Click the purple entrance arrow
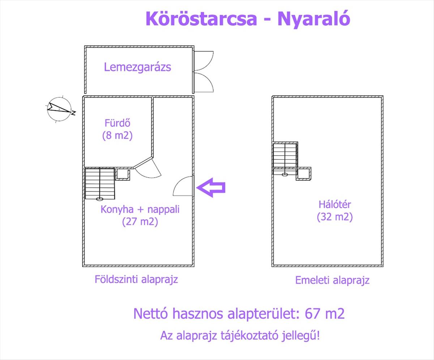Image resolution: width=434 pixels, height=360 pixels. [x=212, y=188]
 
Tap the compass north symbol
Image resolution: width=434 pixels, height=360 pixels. [x=60, y=108]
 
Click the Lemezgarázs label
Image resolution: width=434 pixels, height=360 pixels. [x=137, y=67]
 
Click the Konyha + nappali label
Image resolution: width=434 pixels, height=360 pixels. [x=140, y=209]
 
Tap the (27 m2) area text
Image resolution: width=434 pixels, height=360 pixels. [x=140, y=221]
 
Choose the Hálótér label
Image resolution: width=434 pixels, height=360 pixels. [x=335, y=204]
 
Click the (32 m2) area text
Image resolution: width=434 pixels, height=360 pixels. [x=335, y=217]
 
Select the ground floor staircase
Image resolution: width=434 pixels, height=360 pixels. [x=100, y=184]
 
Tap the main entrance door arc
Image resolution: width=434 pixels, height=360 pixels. [x=184, y=186]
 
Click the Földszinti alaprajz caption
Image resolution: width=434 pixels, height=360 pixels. [x=136, y=279]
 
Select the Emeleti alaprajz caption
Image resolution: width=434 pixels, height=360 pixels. [x=332, y=280]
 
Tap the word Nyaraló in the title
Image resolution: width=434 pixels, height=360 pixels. [x=314, y=19]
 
